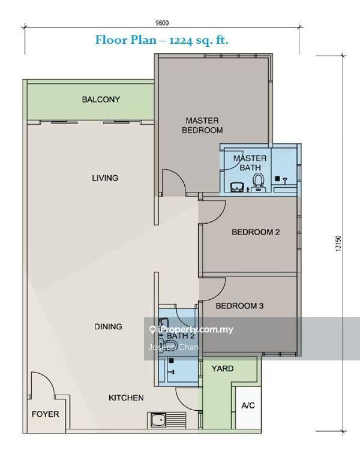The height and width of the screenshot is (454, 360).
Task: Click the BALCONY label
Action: pyautogui.click(x=101, y=100)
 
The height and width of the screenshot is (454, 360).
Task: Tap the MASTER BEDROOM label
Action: pyautogui.click(x=202, y=125)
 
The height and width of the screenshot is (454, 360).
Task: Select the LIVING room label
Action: pyautogui.click(x=105, y=178)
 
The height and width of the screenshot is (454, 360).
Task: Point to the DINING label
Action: pyautogui.click(x=108, y=327)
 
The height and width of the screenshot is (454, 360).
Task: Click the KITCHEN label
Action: pyautogui.click(x=126, y=398)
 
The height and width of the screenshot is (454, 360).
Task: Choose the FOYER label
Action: pyautogui.click(x=45, y=414)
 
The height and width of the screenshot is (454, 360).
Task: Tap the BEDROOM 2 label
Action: pyautogui.click(x=256, y=232)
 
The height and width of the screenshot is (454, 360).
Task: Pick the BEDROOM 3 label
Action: pyautogui.click(x=239, y=306)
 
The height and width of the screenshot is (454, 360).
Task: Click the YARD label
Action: pyautogui.click(x=223, y=369)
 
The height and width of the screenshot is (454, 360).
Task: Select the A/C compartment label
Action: pyautogui.click(x=248, y=405)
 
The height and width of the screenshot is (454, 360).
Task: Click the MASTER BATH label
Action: pyautogui.click(x=250, y=163)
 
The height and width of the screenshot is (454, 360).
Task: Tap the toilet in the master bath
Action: pyautogui.click(x=258, y=182)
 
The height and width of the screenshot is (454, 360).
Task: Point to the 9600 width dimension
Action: pyautogui.click(x=162, y=23)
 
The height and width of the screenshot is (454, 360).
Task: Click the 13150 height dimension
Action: pyautogui.click(x=338, y=243)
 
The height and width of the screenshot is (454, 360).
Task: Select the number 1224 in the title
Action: pyautogui.click(x=181, y=40)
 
